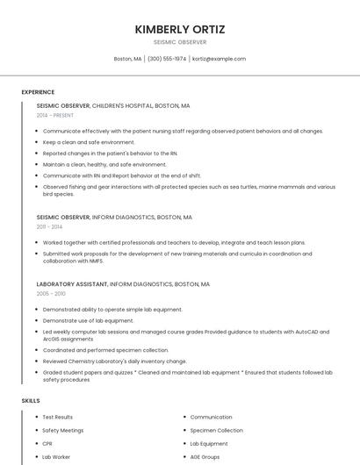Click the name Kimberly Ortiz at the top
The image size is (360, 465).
click(179, 29)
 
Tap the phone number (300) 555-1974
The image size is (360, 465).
click(167, 59)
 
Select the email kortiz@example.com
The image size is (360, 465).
click(219, 59)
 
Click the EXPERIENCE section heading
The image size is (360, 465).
click(38, 92)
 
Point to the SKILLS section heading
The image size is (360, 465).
click(31, 401)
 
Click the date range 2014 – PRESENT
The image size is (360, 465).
click(55, 115)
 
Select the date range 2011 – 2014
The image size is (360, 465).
click(49, 226)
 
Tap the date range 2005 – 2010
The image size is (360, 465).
click(51, 294)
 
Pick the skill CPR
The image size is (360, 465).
click(47, 444)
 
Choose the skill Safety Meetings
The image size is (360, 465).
click(63, 431)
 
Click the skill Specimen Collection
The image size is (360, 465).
click(216, 431)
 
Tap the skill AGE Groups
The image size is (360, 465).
click(205, 457)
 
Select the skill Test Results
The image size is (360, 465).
click(58, 418)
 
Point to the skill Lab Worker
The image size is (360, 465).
click(55, 457)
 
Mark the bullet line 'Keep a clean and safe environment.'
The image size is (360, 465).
click(89, 142)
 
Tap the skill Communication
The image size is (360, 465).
click(211, 418)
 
